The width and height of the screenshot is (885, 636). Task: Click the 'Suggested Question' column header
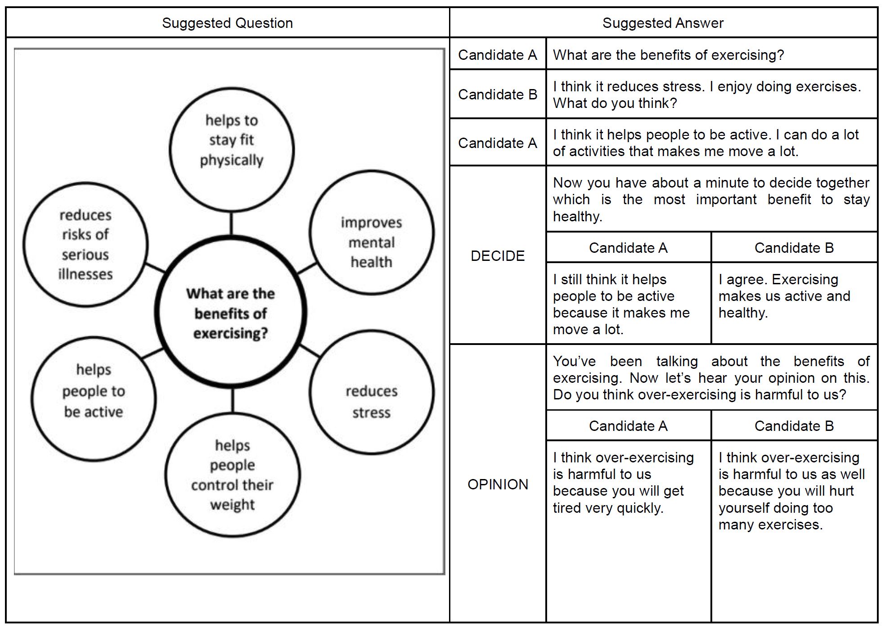click(x=227, y=23)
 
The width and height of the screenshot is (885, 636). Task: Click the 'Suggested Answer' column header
click(x=663, y=23)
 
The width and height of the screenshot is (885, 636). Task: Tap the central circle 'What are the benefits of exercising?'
click(x=231, y=313)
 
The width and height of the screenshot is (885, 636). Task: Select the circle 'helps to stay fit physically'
click(x=231, y=149)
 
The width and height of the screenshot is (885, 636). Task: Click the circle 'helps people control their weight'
click(x=232, y=475)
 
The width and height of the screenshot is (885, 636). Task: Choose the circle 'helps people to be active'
click(x=94, y=399)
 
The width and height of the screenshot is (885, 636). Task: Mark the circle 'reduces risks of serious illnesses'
click(x=85, y=244)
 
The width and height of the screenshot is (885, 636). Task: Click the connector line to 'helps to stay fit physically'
click(x=231, y=223)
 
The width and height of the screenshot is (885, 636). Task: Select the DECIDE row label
click(x=498, y=255)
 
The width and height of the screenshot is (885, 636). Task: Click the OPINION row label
click(x=498, y=484)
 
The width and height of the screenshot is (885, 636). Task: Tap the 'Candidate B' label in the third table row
click(x=498, y=94)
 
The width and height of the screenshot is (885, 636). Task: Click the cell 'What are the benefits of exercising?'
click(x=668, y=55)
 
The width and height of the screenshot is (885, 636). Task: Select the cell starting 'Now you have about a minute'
click(x=711, y=199)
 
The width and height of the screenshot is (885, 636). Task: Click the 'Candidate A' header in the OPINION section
click(x=628, y=425)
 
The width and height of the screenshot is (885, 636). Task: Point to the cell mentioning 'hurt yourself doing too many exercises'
click(x=794, y=491)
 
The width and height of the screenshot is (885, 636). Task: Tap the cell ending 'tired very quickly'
click(x=628, y=483)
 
